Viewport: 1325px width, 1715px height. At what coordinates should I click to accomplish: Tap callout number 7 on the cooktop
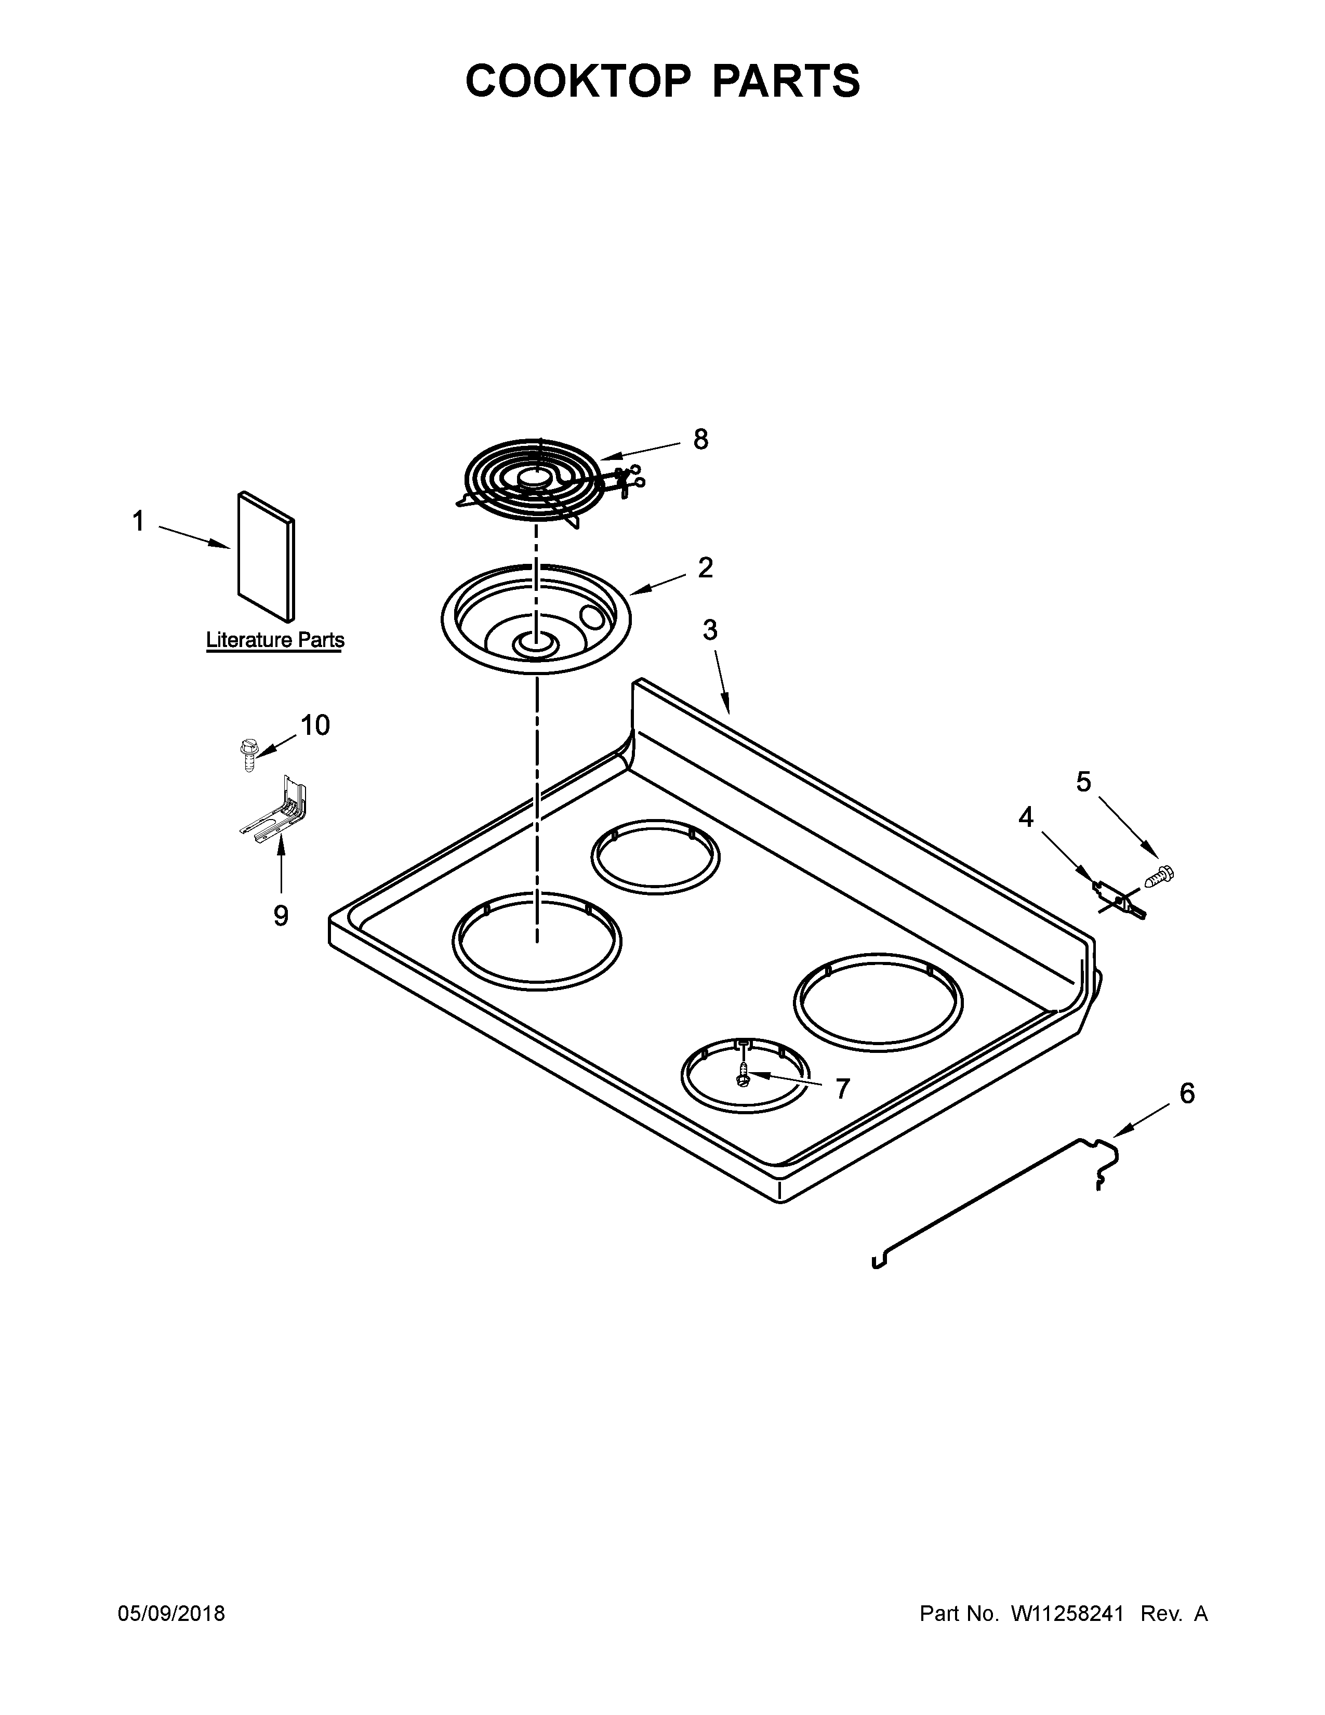[x=842, y=1089]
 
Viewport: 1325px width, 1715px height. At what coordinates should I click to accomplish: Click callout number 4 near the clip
[x=1025, y=817]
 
